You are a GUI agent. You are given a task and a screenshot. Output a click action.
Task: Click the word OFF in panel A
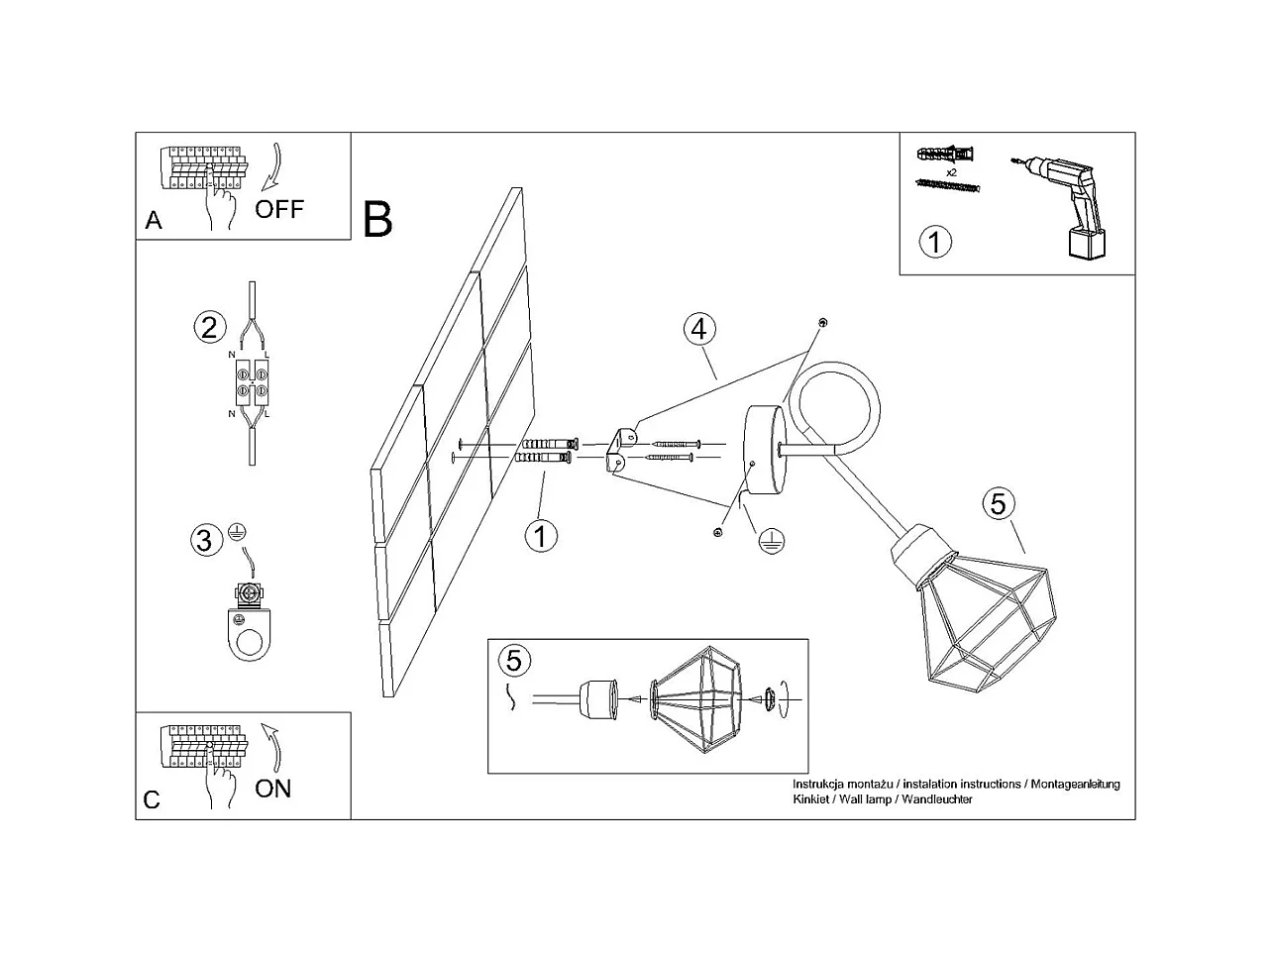278,209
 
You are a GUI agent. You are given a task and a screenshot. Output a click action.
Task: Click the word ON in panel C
273,789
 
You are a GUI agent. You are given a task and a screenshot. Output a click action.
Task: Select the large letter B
378,219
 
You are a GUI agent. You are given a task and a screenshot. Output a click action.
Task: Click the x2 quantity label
951,171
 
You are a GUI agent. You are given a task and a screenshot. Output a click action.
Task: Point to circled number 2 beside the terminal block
208,327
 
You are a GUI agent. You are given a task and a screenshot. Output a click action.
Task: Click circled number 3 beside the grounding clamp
204,541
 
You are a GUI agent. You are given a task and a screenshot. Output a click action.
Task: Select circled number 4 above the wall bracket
699,329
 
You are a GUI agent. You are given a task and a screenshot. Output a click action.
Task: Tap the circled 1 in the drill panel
935,242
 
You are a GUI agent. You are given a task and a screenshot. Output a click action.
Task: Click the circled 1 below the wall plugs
541,536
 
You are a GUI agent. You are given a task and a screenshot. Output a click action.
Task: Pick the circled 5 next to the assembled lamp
998,503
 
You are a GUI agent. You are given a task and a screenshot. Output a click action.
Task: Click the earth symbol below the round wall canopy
772,540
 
